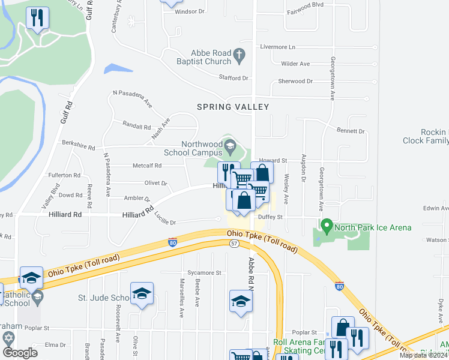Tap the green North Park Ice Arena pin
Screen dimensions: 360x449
(327, 227)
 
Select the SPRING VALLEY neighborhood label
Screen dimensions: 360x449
(233, 107)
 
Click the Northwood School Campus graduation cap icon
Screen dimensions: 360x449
(229, 145)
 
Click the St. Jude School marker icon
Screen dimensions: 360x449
(142, 293)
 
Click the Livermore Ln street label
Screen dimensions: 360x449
(277, 47)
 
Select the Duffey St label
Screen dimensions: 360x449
(270, 217)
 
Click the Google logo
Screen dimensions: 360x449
(20, 352)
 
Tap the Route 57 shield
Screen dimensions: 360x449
(235, 243)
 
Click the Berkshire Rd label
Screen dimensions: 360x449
(79, 145)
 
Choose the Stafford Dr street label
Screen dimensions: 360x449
(234, 78)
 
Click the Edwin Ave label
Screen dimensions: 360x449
(436, 208)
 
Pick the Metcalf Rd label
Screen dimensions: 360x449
(146, 166)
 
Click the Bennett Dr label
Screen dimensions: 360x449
(351, 131)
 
